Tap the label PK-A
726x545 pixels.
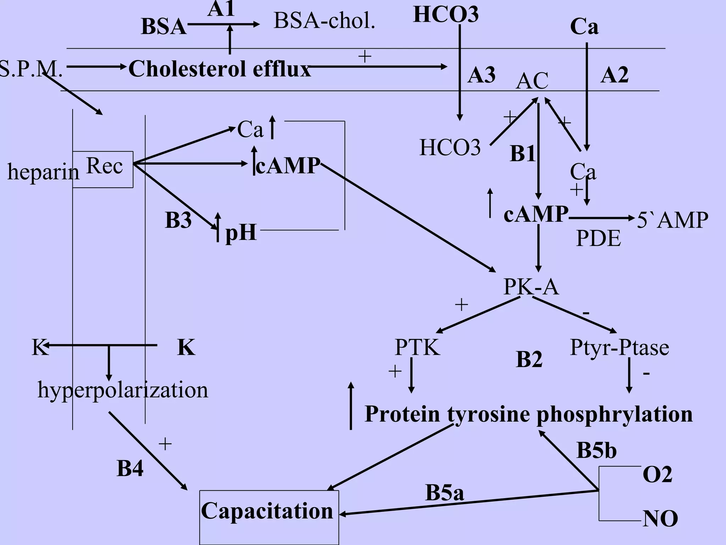tap(531, 287)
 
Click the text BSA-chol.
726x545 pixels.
tap(324, 21)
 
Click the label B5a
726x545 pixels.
tap(444, 492)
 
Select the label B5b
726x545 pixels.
tap(597, 451)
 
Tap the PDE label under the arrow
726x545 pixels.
tap(598, 238)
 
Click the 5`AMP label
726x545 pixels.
tap(672, 220)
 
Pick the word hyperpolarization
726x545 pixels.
tap(123, 390)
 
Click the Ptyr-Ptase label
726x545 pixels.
tap(619, 347)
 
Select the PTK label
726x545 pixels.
tap(417, 347)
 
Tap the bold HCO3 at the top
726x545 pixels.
tap(446, 15)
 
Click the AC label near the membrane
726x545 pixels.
tap(532, 81)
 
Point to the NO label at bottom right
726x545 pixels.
tap(660, 519)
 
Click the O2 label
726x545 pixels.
tap(657, 474)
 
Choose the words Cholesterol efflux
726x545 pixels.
tap(219, 69)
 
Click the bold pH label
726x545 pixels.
tap(241, 233)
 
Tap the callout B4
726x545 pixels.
tap(130, 468)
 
